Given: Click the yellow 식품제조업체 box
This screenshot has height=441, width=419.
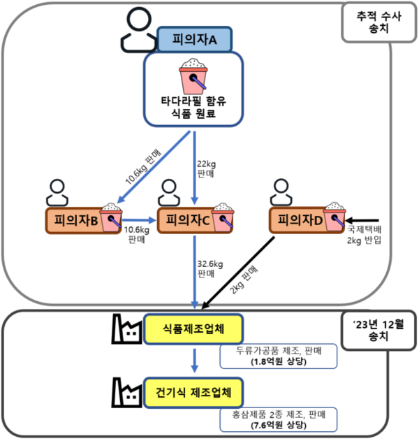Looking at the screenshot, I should (x=193, y=326).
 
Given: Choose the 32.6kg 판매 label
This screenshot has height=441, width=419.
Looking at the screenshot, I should (x=209, y=269).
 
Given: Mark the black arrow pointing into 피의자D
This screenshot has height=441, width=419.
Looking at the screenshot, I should (x=363, y=219).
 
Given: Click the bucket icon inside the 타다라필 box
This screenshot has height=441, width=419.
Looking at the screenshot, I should (x=193, y=78).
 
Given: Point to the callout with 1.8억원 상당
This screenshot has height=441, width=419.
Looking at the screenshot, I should (x=278, y=356).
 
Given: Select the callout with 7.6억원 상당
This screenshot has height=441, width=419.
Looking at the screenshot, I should (x=278, y=419).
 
